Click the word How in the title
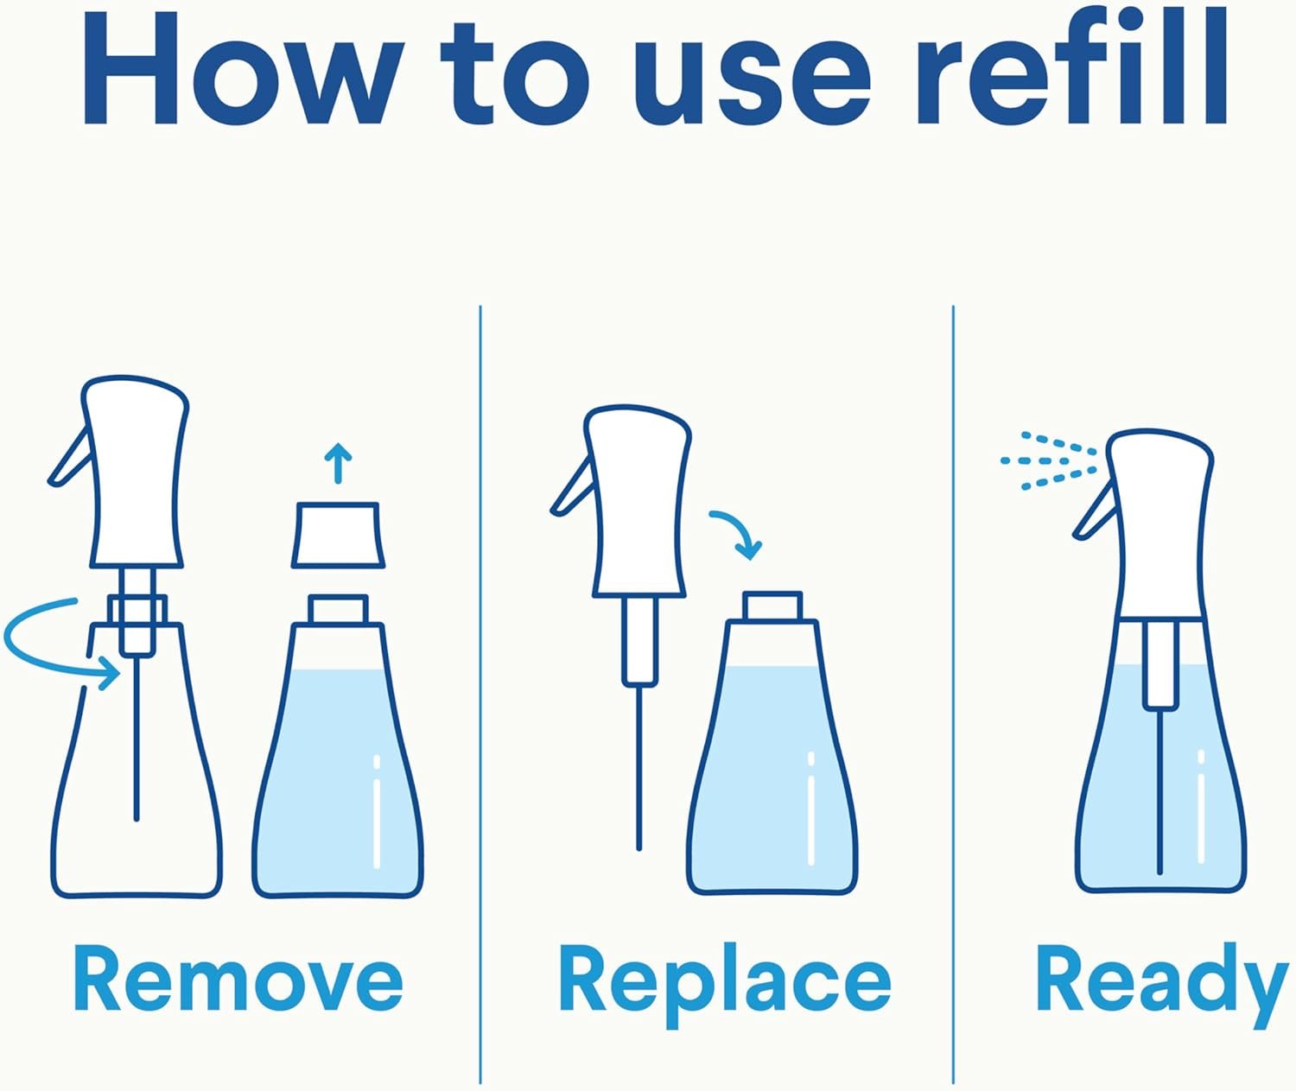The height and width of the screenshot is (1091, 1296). click(242, 71)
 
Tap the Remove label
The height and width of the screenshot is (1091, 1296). click(238, 980)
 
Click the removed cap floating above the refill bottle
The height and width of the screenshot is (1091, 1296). click(338, 536)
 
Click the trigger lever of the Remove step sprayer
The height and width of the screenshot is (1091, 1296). click(69, 459)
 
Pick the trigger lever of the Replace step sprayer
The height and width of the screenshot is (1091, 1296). click(571, 489)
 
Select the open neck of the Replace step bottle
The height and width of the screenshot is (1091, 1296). click(772, 606)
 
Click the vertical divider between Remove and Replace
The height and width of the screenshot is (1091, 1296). click(480, 691)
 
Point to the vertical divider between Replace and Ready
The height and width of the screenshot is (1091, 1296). click(953, 691)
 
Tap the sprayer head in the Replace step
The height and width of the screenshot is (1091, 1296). click(638, 501)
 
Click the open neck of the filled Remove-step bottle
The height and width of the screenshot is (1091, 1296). click(339, 608)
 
